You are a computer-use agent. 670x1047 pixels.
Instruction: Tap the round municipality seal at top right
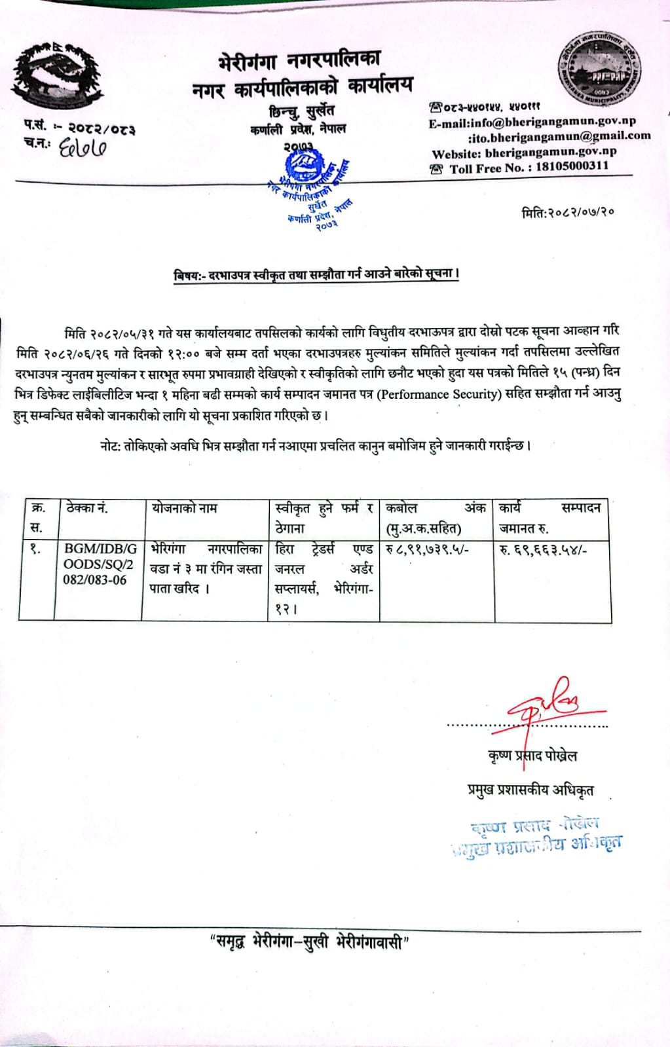pyautogui.click(x=599, y=67)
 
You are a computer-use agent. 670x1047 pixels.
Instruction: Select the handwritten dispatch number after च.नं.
pyautogui.click(x=83, y=148)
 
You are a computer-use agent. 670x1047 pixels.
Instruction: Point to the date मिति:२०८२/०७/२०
pyautogui.click(x=567, y=212)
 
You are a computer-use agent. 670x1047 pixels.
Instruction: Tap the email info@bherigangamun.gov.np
pyautogui.click(x=532, y=121)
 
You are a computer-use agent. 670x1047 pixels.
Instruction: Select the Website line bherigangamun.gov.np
pyautogui.click(x=524, y=152)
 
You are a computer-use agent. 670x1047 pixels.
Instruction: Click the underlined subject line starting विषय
pyautogui.click(x=316, y=275)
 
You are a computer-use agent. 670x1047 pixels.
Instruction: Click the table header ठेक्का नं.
pyautogui.click(x=87, y=508)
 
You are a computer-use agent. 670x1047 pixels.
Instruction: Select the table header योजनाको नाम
pyautogui.click(x=184, y=508)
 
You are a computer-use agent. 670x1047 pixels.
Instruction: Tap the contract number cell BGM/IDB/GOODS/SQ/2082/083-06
pyautogui.click(x=98, y=564)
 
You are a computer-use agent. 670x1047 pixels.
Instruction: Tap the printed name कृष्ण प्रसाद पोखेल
pyautogui.click(x=532, y=756)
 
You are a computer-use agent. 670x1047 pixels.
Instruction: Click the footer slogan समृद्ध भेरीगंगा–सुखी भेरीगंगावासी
pyautogui.click(x=310, y=943)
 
